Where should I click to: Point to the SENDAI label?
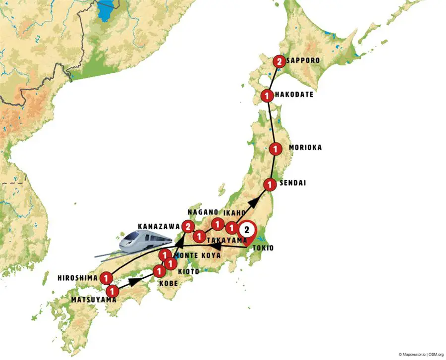(293, 183)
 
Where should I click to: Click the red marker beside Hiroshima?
(106, 278)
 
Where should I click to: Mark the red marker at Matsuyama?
(112, 291)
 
